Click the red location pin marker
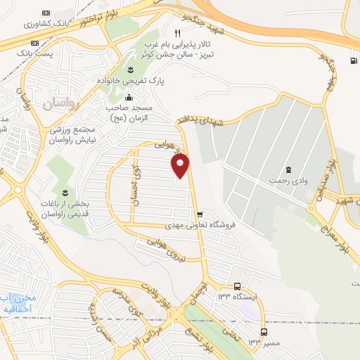[x=181, y=165]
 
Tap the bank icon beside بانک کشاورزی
[x=46, y=13]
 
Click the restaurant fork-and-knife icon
[x=177, y=32]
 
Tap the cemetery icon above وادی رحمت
[x=288, y=169]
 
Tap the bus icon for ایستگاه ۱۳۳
[x=238, y=287]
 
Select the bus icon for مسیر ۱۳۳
[x=264, y=332]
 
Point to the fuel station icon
[x=352, y=60]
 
